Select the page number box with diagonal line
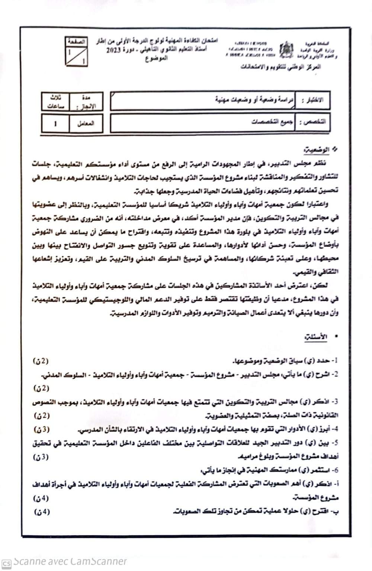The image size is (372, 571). [76, 52]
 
